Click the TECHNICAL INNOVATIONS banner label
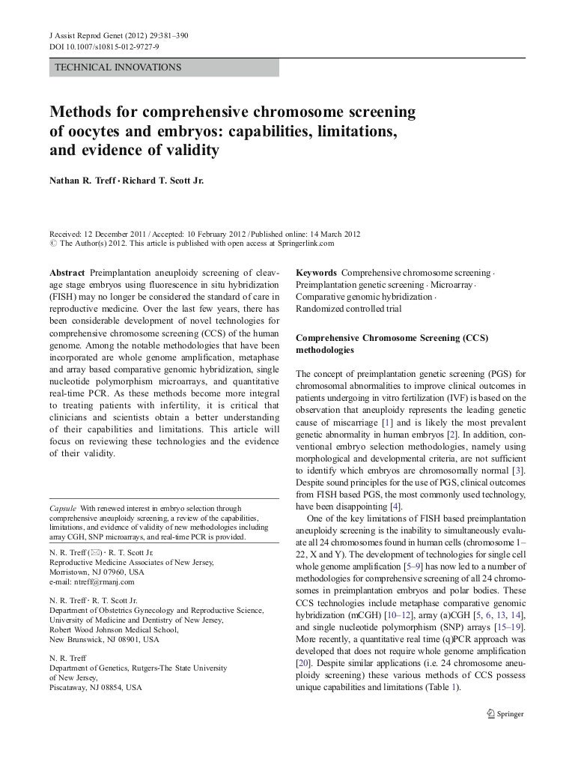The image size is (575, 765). click(118, 67)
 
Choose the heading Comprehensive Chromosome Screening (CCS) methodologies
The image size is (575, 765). click(392, 344)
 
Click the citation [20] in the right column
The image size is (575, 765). click(303, 664)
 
